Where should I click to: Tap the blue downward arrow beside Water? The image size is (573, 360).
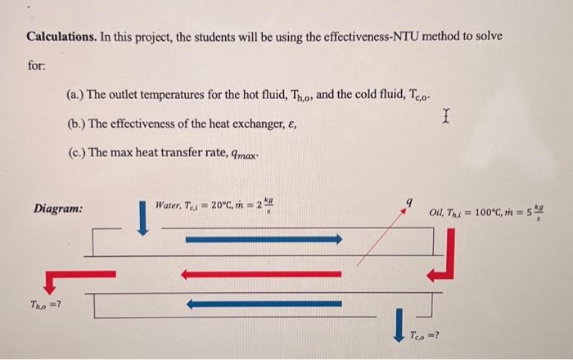pos(142,218)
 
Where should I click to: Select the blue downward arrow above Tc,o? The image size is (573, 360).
pos(399,322)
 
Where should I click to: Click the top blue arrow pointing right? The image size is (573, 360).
pos(263,239)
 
